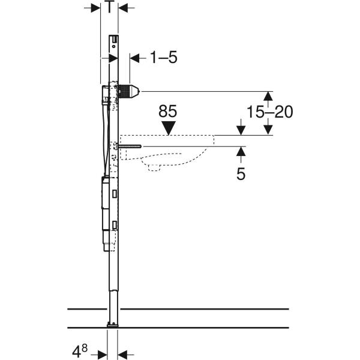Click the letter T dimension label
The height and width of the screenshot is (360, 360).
pos(110,7)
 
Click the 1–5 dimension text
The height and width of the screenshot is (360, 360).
pos(164,58)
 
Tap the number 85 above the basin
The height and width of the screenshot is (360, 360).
pos(168,112)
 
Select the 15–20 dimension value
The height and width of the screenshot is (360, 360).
pos(270,112)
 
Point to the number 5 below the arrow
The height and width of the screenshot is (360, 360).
pos(241,174)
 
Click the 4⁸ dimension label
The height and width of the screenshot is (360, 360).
pos(80,350)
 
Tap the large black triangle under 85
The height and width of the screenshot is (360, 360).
pos(169,128)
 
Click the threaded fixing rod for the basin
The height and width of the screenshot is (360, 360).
pos(130,146)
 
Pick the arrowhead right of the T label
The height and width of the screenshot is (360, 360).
pos(123,8)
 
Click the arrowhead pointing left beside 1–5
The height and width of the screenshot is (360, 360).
pos(134,58)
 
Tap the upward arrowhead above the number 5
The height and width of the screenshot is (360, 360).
pos(241,151)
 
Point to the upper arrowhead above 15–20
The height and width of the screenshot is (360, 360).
pos(268,96)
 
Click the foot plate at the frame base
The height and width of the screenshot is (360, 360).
pos(113,325)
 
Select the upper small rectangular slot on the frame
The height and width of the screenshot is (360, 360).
pos(115,194)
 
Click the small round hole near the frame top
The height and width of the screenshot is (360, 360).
pos(113,46)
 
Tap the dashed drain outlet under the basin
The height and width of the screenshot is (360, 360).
pos(154,167)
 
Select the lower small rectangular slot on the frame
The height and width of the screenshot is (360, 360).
pos(115,225)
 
